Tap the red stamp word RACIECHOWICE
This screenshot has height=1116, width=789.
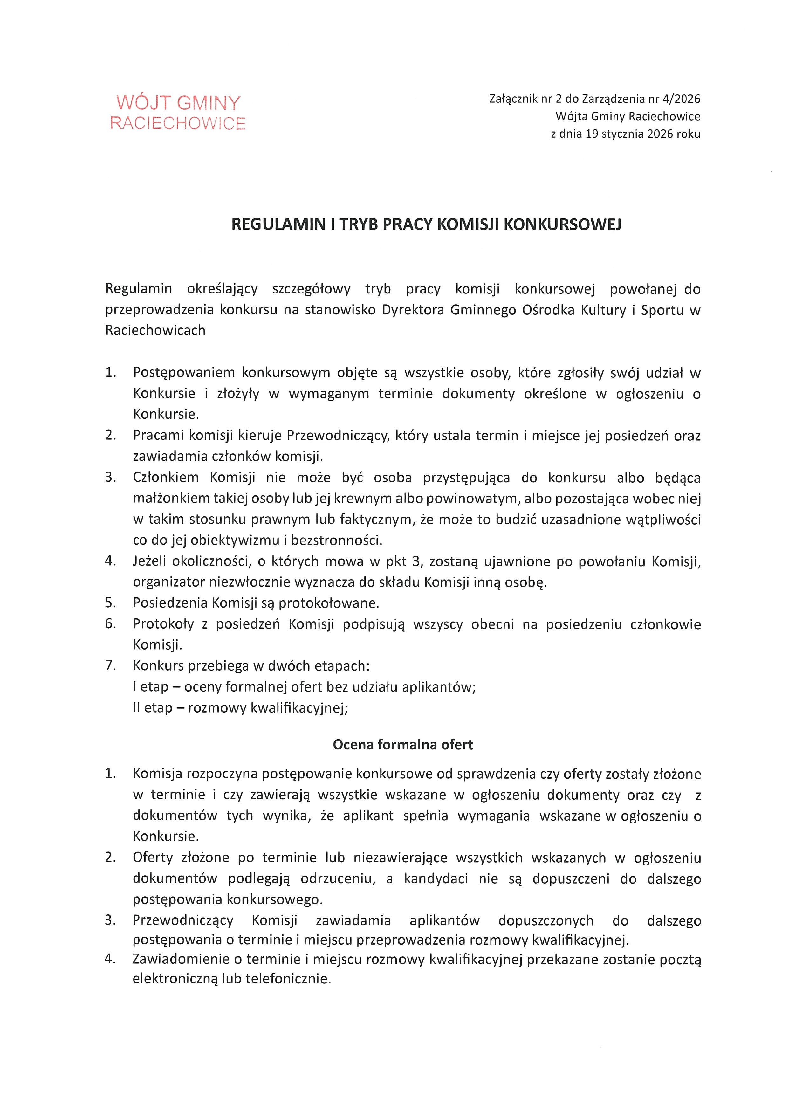point(178,123)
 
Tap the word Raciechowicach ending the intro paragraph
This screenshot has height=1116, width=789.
point(155,331)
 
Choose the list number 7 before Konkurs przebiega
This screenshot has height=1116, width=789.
point(110,665)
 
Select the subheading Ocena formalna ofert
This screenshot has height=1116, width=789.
point(403,745)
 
